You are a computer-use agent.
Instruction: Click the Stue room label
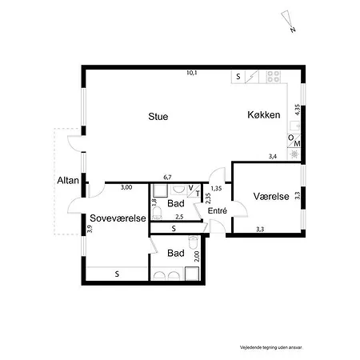158,117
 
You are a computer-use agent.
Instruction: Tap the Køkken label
263,116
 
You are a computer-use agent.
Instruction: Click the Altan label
67,181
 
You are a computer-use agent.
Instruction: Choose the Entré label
218,211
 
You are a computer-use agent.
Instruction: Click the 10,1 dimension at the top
191,74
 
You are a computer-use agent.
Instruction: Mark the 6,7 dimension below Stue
167,178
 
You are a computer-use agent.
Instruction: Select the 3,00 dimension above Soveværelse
126,187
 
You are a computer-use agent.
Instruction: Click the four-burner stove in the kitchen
274,77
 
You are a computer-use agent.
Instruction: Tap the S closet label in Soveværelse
117,274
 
